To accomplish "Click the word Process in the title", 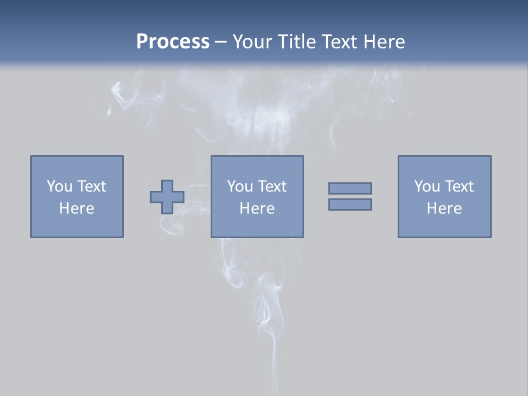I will coord(173,42).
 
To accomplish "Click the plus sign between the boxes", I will coord(167,196).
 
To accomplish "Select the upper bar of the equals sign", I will coord(350,188).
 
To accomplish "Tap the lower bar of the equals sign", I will coord(350,204).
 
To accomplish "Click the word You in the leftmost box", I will coord(59,186).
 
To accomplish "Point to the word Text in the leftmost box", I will coord(91,186).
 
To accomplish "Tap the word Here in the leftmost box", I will coord(77,208).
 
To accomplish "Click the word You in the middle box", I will coord(240,186).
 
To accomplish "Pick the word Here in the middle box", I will coord(257,208).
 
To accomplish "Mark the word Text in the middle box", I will coord(272,186).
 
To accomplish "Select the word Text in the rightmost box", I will coord(459,186).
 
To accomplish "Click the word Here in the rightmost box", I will coord(444,208).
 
